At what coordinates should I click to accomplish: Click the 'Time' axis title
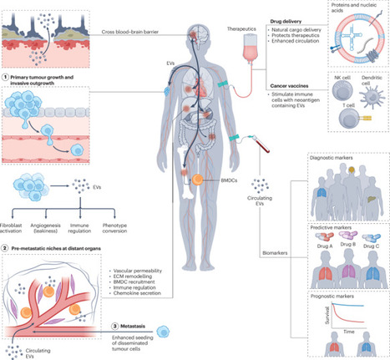pos(344,331)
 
